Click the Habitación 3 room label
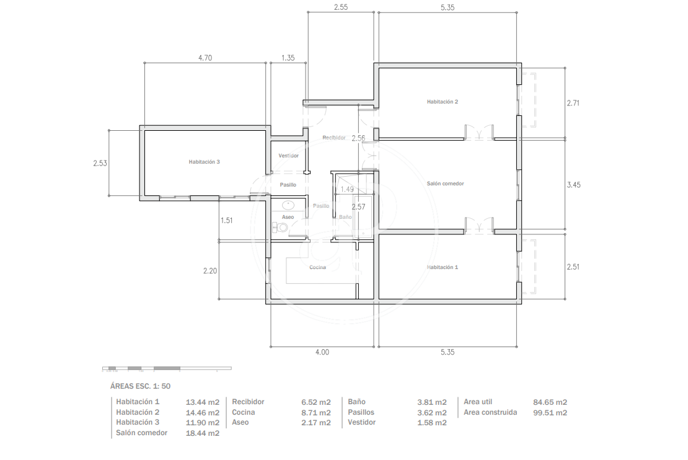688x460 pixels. click(x=204, y=162)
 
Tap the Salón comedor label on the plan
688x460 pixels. click(x=445, y=184)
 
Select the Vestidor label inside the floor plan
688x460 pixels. click(x=288, y=156)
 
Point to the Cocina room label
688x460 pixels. click(x=317, y=267)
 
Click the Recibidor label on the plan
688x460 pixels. click(x=334, y=138)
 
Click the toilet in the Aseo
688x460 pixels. click(x=280, y=228)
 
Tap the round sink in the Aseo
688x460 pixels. click(x=288, y=205)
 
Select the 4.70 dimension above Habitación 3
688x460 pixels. click(x=205, y=58)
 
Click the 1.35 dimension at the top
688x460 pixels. click(x=288, y=58)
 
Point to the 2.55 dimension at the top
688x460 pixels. click(x=340, y=7)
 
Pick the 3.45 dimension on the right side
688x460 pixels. click(x=573, y=185)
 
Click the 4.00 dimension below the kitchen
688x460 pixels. click(x=322, y=352)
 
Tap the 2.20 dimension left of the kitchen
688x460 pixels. click(x=209, y=271)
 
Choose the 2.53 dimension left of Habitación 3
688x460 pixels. click(x=100, y=163)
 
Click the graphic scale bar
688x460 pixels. click(x=167, y=368)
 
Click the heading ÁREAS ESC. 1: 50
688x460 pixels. click(x=141, y=386)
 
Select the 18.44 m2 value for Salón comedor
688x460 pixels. click(x=202, y=433)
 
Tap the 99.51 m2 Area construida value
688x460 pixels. click(x=550, y=413)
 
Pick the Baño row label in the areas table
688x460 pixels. click(x=357, y=402)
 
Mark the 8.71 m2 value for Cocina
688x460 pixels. click(x=316, y=413)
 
